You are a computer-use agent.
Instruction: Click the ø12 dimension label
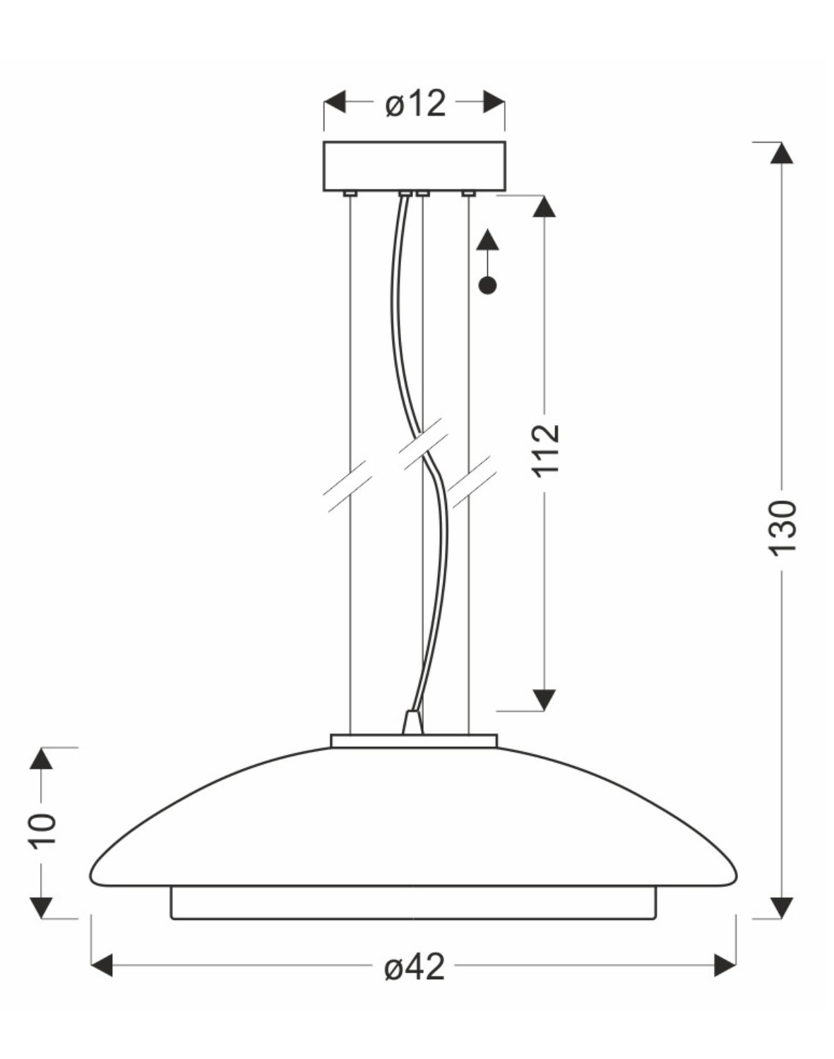point(415,104)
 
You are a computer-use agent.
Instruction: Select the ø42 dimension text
point(415,967)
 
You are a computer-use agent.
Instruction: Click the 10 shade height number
point(43,830)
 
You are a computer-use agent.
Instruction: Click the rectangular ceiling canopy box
point(415,167)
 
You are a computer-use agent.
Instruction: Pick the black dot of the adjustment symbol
point(487,285)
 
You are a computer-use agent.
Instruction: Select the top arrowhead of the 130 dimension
point(781,153)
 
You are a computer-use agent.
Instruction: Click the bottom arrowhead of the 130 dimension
point(781,908)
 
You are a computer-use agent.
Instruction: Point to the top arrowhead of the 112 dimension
point(544,205)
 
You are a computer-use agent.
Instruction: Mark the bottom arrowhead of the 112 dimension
point(544,699)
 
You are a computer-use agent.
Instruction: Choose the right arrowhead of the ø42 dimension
point(725,965)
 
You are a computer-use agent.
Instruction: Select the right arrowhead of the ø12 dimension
point(494,102)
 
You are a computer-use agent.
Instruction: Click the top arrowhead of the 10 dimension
point(42,758)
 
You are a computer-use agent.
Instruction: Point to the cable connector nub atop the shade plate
point(412,723)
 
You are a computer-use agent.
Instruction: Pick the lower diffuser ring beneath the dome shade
point(413,903)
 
